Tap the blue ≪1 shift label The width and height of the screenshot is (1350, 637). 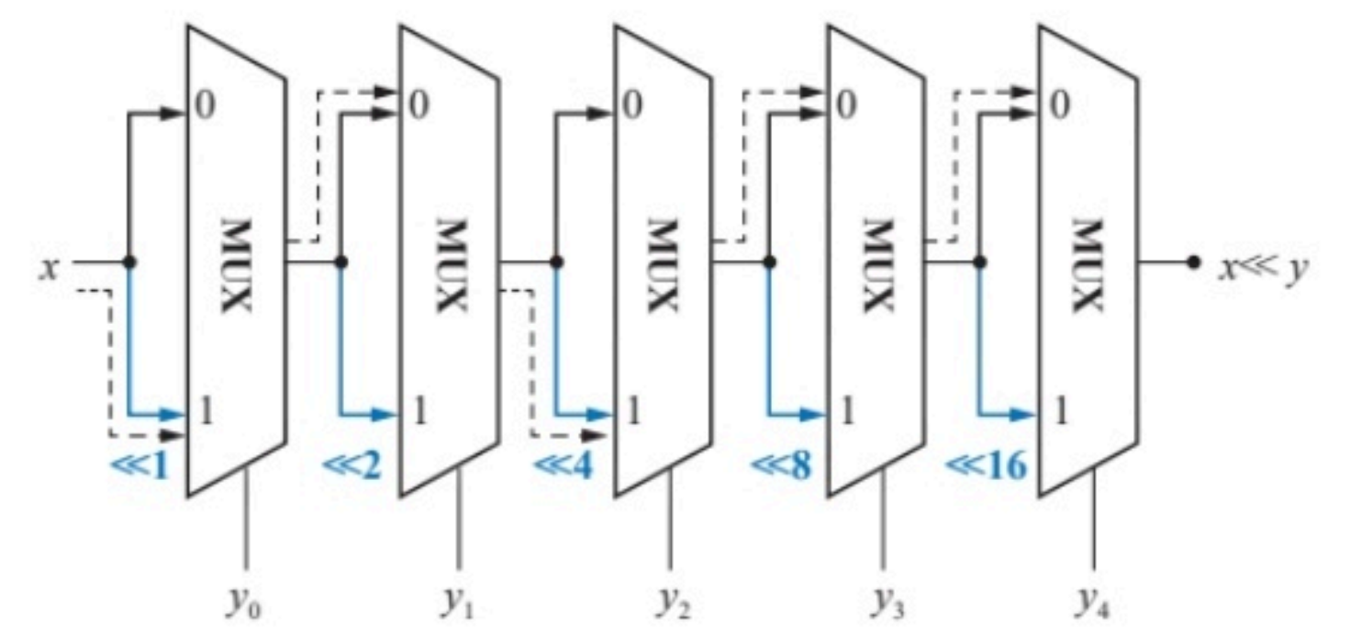coord(140,465)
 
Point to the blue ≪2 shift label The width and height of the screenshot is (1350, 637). coord(351,465)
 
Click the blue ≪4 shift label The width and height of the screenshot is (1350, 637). coord(563,465)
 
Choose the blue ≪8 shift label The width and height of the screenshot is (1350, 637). coord(781,465)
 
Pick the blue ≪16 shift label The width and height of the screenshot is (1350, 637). coord(987,465)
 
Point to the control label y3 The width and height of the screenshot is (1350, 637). coord(885,604)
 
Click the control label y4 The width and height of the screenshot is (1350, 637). coord(1095,604)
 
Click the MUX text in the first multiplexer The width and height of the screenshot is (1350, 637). coord(235,264)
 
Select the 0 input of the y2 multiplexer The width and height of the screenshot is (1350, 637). coord(631,106)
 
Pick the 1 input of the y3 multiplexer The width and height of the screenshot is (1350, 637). coord(846,412)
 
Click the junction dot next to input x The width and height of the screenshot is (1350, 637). coord(129,262)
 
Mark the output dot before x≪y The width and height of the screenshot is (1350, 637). coord(1192,262)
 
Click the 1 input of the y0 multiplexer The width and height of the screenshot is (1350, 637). coord(206,412)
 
